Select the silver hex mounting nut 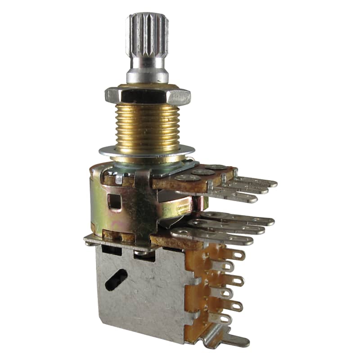click(148, 95)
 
